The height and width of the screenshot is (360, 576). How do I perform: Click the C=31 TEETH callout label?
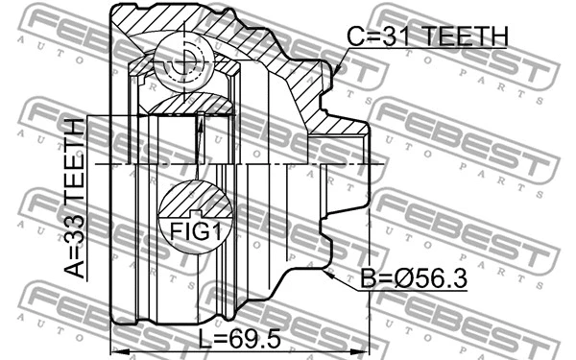coord(426,36)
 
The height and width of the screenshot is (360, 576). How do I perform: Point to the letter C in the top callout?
coord(357,36)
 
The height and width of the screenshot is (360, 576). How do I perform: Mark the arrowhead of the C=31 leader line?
coord(340,72)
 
